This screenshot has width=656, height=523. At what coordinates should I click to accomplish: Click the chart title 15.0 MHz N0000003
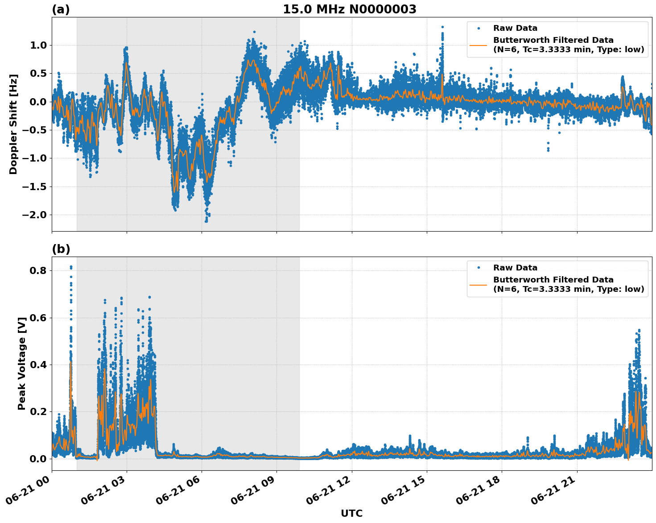click(349, 9)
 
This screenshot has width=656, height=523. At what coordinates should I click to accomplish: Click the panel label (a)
click(61, 9)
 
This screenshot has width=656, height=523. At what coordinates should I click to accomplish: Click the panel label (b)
click(61, 249)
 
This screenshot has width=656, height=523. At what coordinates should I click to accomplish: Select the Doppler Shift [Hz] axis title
click(13, 124)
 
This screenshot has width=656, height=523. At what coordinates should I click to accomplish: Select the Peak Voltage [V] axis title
click(21, 363)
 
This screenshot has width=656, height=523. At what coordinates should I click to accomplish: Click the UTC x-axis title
click(351, 514)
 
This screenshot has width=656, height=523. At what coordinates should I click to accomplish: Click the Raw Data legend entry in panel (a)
click(515, 29)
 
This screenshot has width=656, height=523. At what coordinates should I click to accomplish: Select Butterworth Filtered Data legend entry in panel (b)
click(568, 284)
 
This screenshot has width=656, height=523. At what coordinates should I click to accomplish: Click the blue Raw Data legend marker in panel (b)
click(479, 268)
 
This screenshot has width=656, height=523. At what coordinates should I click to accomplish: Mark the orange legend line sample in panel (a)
click(479, 45)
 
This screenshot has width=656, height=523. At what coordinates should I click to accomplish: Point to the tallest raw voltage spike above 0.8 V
click(71, 267)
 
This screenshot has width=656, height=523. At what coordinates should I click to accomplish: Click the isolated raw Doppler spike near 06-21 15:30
click(442, 28)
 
